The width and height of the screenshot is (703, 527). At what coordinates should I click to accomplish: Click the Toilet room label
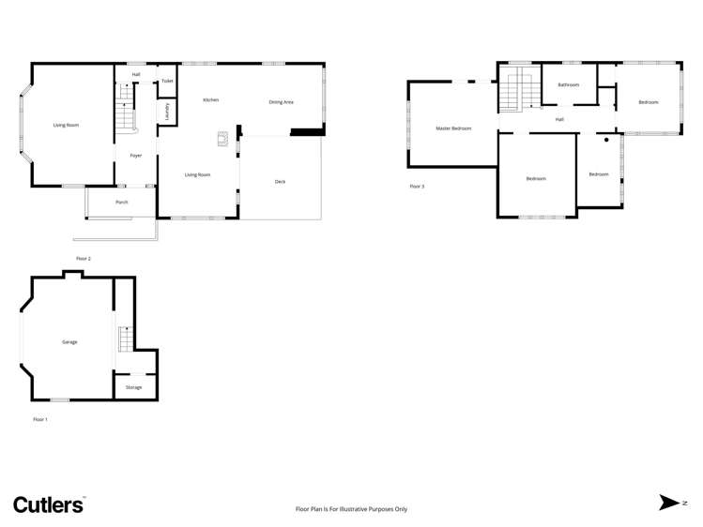(x=167, y=82)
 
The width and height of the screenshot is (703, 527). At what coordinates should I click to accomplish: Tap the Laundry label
(x=166, y=113)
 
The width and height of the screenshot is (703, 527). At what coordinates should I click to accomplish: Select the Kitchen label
(x=211, y=99)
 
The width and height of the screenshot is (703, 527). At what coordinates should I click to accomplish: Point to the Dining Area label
(x=282, y=101)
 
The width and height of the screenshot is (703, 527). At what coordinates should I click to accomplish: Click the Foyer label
(x=136, y=156)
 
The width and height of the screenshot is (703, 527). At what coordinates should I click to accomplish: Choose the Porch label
(x=122, y=202)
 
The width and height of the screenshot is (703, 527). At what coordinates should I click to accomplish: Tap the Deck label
(x=280, y=181)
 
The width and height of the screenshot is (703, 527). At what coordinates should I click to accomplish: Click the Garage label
(x=69, y=342)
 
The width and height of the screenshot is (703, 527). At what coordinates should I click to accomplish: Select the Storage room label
(x=134, y=387)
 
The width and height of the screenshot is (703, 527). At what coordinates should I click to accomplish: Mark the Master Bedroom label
(x=453, y=128)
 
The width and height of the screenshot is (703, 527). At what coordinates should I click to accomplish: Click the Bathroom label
(x=568, y=85)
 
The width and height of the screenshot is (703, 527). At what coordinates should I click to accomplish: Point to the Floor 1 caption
(x=39, y=419)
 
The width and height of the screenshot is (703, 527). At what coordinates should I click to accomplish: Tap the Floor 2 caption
(x=84, y=258)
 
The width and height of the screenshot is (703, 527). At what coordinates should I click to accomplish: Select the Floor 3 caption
(x=417, y=187)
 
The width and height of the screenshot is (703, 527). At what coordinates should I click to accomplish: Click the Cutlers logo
(x=49, y=504)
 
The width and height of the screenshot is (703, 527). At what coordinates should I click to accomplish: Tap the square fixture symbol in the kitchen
(x=223, y=140)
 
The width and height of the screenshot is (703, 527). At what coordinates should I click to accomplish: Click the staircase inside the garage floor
(x=123, y=339)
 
